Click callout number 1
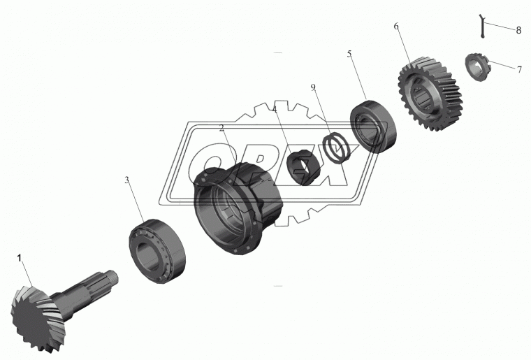20,259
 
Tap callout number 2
221,128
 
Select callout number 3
126,180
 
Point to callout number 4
275,110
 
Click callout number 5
349,55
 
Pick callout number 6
396,27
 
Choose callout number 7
520,70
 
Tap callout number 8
518,31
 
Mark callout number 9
313,87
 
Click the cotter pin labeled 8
482,26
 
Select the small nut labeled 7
477,67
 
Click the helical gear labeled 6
430,97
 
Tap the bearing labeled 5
373,127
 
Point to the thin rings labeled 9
336,147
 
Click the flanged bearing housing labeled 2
238,208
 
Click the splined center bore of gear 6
422,97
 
